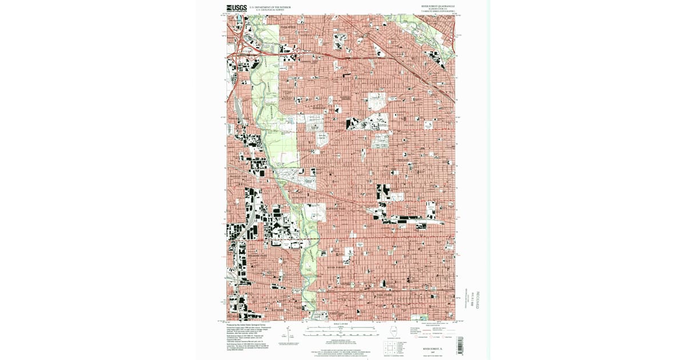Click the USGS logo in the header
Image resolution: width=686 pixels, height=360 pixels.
(236, 8)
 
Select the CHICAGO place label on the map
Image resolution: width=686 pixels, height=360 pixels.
(405, 161)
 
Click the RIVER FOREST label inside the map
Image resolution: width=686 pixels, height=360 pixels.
(337, 266)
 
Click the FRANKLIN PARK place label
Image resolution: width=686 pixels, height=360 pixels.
(241, 177)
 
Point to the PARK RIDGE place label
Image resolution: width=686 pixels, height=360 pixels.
(289, 27)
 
